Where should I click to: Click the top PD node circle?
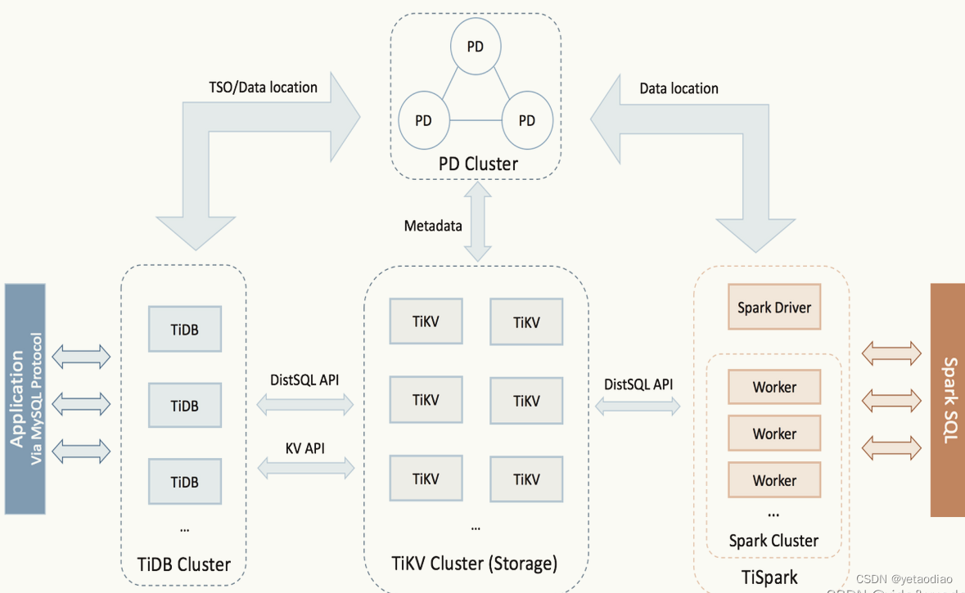click(476, 47)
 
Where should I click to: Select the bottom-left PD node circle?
click(423, 120)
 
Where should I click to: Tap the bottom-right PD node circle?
click(527, 120)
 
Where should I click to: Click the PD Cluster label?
click(478, 164)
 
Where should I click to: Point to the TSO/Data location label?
click(264, 87)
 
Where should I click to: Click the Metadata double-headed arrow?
click(478, 223)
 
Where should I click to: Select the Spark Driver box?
click(773, 308)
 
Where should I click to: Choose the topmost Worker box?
click(774, 387)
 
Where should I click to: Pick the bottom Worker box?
click(774, 480)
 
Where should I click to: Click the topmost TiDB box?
click(184, 330)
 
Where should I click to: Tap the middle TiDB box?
click(184, 406)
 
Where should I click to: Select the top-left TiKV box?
click(426, 321)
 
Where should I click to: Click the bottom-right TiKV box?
click(526, 479)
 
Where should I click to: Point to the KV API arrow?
click(305, 467)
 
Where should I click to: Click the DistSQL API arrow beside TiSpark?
click(638, 405)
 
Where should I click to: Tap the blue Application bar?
click(25, 398)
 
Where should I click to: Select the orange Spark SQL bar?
click(948, 400)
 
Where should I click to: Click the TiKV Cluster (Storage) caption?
click(475, 564)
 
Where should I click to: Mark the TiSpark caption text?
click(770, 577)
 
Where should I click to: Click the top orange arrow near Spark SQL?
click(891, 354)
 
